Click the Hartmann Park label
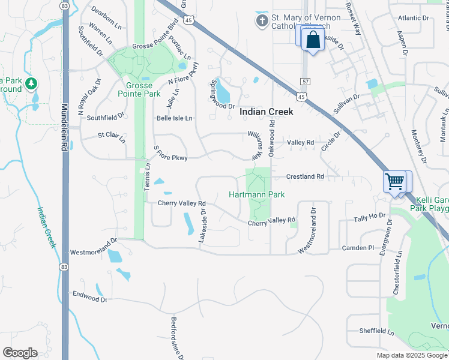256,194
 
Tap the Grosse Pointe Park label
139,90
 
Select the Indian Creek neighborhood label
267,112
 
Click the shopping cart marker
394,181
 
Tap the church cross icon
262,22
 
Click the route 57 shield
306,81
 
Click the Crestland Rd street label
305,177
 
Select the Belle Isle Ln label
174,118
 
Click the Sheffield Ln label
376,331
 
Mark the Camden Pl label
358,247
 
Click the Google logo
20,353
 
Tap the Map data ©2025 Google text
411,355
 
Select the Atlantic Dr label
414,19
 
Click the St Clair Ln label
112,137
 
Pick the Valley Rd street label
301,142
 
